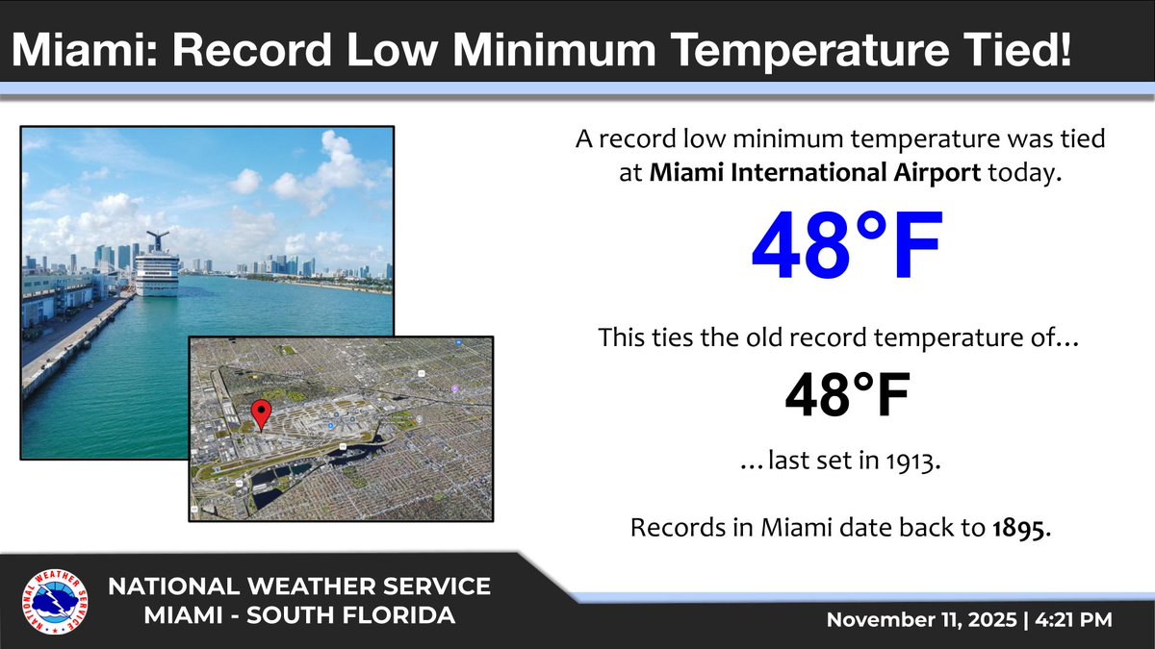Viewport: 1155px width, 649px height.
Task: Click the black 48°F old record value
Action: click(846, 395)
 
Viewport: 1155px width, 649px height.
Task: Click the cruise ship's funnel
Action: click(156, 239)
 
